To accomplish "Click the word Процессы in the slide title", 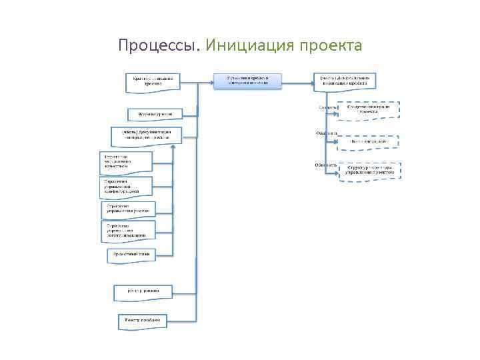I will [157, 46].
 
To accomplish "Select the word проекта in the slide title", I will [331, 46].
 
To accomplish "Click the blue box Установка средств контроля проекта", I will [247, 81].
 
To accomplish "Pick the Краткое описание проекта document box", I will [153, 81].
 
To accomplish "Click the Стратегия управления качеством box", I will [125, 162].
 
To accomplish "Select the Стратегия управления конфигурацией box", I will [126, 186].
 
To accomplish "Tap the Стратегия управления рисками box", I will [129, 210].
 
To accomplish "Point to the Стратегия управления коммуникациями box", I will [129, 231].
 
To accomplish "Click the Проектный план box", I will [130, 255].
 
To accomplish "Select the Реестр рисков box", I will [143, 291].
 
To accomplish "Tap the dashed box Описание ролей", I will [369, 141].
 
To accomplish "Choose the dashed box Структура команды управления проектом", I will [370, 170].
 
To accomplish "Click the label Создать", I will [327, 107].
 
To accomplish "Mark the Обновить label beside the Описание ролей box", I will [326, 133].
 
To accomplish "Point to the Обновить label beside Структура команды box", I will [327, 164].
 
